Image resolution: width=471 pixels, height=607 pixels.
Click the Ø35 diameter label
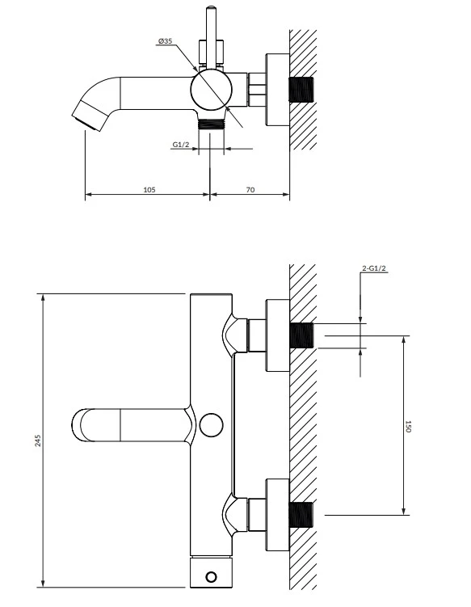(x=165, y=41)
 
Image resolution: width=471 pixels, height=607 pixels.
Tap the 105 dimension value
(x=149, y=190)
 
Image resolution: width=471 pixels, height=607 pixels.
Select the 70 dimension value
(x=250, y=190)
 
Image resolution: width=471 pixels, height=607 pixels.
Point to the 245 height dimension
(x=38, y=441)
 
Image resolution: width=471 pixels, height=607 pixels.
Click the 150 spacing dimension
(x=408, y=426)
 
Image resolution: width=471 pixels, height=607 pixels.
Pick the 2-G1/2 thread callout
(x=374, y=268)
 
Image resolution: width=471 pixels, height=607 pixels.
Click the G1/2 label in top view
(x=181, y=145)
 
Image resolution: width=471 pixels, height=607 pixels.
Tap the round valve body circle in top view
(x=212, y=90)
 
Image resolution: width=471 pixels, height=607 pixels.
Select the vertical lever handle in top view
(x=211, y=37)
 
